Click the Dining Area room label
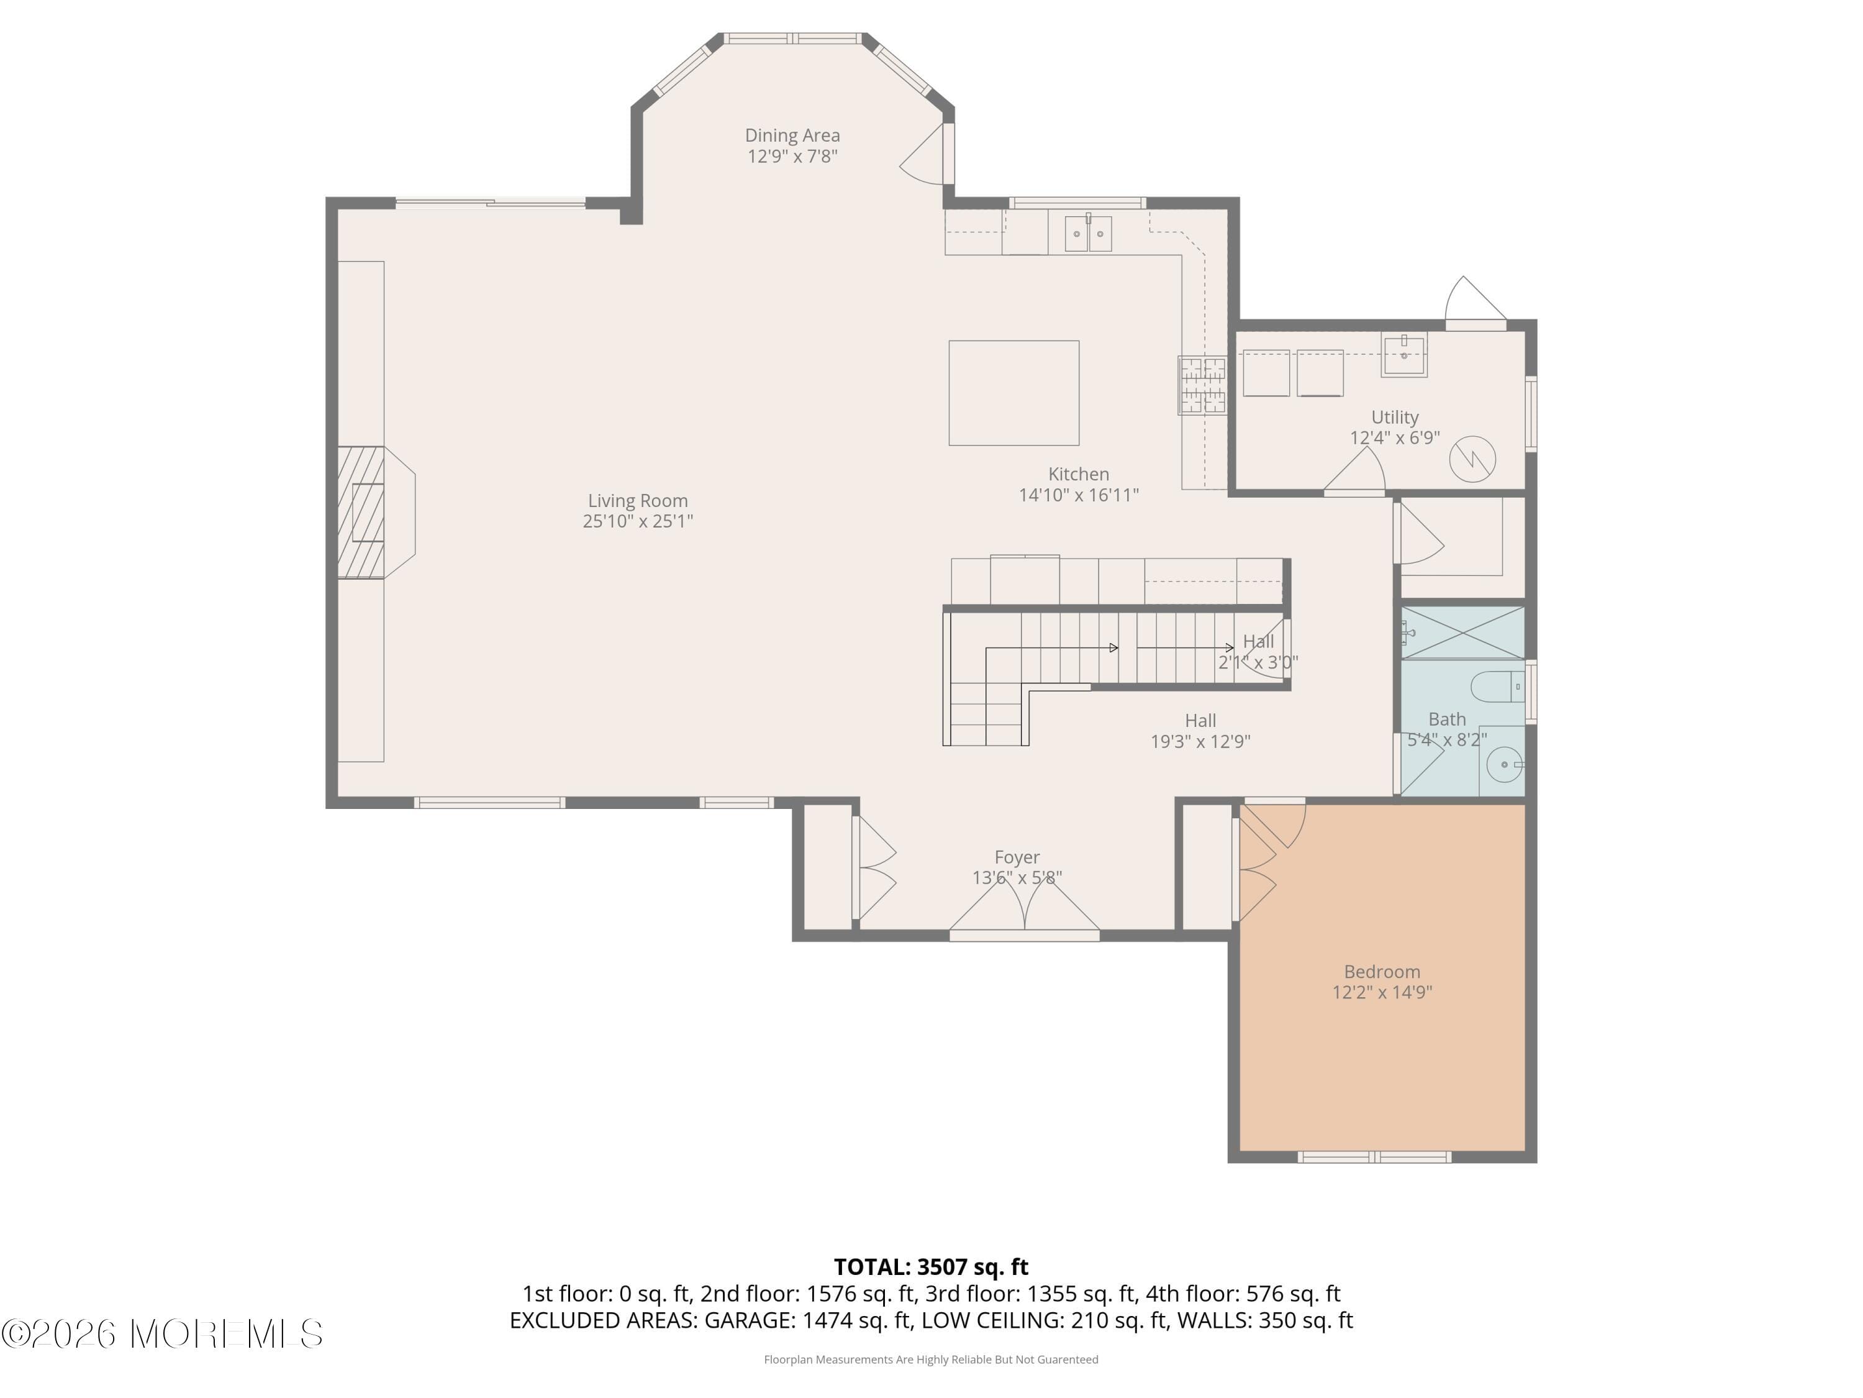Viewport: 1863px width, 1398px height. pos(792,135)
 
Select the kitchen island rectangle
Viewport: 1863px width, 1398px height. pos(1013,393)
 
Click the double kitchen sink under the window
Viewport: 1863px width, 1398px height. pos(1087,234)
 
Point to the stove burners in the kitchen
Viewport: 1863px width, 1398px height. pos(1202,386)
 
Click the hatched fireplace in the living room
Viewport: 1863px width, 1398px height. pos(361,513)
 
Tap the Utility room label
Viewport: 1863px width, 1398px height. pos(1395,417)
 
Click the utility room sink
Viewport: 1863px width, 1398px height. pos(1404,354)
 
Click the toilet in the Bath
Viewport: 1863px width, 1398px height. pos(1497,686)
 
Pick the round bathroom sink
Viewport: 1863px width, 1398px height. pos(1504,765)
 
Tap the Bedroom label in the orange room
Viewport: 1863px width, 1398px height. pos(1381,972)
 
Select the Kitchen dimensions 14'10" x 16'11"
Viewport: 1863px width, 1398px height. pos(1078,495)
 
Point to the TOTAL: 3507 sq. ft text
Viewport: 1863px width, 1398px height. pos(931,1266)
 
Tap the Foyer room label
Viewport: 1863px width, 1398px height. pos(1017,857)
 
